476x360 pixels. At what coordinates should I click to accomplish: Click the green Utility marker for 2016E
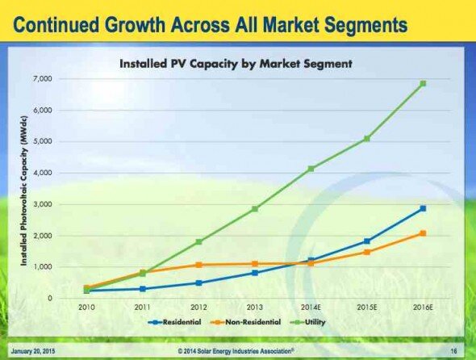tap(423, 84)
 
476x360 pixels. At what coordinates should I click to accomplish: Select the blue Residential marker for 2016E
tap(423, 208)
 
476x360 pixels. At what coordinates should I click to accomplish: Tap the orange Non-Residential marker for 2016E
tap(423, 233)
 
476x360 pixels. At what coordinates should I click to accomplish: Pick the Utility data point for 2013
tap(255, 209)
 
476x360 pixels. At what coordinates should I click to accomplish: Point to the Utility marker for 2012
tap(198, 242)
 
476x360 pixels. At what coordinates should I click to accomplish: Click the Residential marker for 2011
tap(143, 289)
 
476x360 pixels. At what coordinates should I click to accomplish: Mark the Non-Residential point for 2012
tap(198, 265)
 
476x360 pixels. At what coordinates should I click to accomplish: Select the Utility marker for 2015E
tap(367, 139)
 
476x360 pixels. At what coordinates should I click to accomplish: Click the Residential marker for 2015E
tap(367, 241)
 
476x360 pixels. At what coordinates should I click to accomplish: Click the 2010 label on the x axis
tap(86, 308)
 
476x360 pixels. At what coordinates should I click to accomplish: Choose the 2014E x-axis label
tap(311, 308)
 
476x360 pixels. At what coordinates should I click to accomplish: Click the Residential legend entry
tap(174, 322)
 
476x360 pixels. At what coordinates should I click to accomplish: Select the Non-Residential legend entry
tap(245, 322)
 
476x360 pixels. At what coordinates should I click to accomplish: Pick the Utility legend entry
tap(307, 322)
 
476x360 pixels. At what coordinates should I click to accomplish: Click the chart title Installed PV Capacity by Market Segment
tap(236, 64)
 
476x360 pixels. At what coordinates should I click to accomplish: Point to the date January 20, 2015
tap(33, 351)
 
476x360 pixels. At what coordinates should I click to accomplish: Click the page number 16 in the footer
tap(453, 351)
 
